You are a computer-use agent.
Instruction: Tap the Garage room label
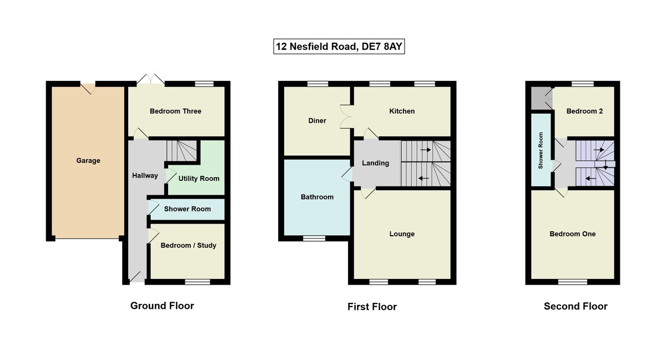(x=88, y=161)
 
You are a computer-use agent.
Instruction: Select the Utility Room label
(x=199, y=178)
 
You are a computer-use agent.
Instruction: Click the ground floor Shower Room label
(x=188, y=209)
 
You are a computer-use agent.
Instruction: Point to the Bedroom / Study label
(x=188, y=245)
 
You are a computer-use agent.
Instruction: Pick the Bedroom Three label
(x=175, y=111)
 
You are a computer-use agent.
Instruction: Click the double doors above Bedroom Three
(x=150, y=79)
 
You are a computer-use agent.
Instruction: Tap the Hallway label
(x=145, y=175)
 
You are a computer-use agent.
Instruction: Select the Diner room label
(x=317, y=120)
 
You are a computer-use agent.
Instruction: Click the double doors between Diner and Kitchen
(x=347, y=116)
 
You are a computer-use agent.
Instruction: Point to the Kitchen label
(x=402, y=111)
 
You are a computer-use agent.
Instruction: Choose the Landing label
(x=375, y=163)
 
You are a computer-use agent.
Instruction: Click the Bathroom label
(x=317, y=197)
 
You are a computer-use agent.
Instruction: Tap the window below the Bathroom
(x=314, y=239)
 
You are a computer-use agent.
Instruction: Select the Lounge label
(x=402, y=234)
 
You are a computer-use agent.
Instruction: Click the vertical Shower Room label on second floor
(x=541, y=150)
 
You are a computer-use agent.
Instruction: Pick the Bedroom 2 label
(x=584, y=111)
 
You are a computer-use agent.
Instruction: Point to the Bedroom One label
(x=573, y=234)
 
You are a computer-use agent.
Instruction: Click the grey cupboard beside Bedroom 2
(x=537, y=98)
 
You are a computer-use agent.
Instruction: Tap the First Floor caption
(x=372, y=307)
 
